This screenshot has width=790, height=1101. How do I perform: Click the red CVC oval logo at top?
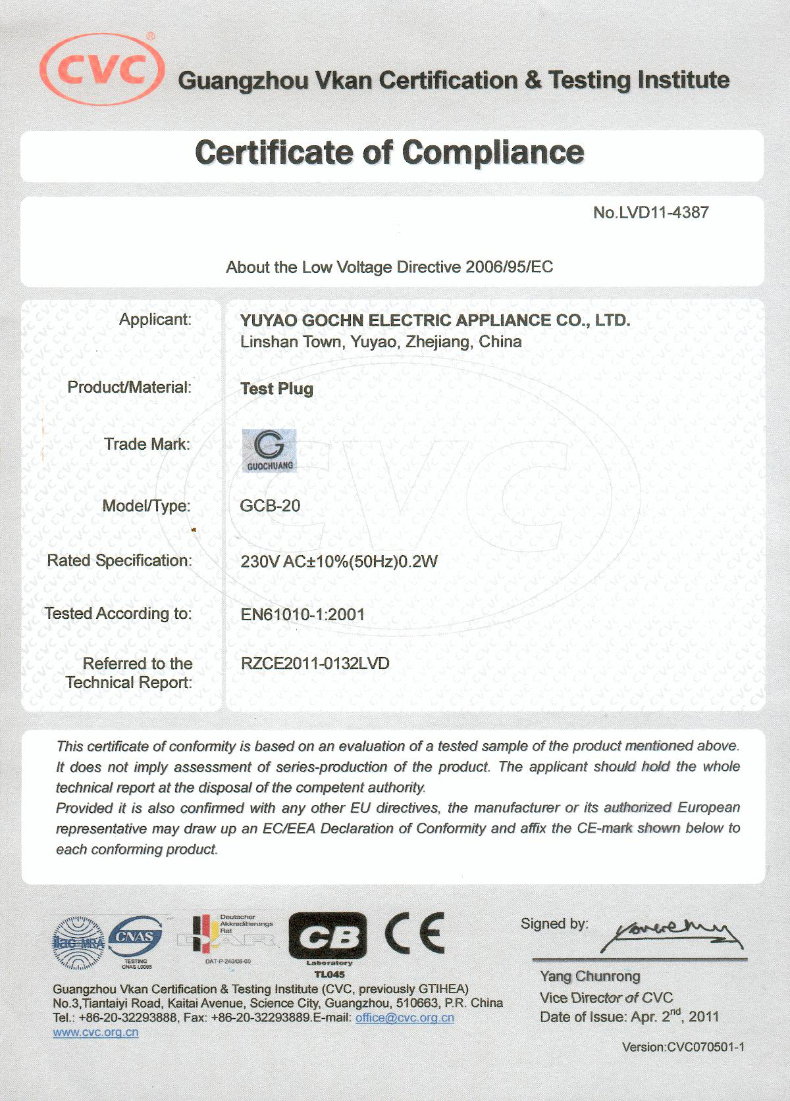(x=102, y=69)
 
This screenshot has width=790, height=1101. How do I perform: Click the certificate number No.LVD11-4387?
(x=650, y=212)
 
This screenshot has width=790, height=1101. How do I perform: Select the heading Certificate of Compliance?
(x=390, y=153)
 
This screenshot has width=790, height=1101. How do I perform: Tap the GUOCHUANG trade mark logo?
(x=269, y=451)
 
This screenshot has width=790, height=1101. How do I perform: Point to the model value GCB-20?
(x=270, y=506)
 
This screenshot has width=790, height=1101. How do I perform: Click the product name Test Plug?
(x=276, y=389)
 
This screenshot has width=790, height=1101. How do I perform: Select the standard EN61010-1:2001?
(x=303, y=614)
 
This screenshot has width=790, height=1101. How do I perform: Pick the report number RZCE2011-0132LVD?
(x=315, y=663)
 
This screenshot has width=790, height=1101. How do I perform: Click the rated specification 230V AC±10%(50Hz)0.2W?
(x=339, y=562)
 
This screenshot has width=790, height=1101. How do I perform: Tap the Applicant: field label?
(x=155, y=320)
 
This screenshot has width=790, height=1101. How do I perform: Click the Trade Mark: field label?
(x=147, y=445)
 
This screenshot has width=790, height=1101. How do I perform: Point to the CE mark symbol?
(x=415, y=933)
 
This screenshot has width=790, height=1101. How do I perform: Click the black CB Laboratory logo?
(x=328, y=937)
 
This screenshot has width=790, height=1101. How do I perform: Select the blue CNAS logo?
(x=136, y=937)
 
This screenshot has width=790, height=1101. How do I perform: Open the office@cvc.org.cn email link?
(x=404, y=1017)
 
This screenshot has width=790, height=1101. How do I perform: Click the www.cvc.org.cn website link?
(x=95, y=1032)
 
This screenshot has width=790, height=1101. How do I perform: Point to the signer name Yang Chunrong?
(x=590, y=976)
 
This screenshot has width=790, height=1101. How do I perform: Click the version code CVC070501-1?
(x=683, y=1046)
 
